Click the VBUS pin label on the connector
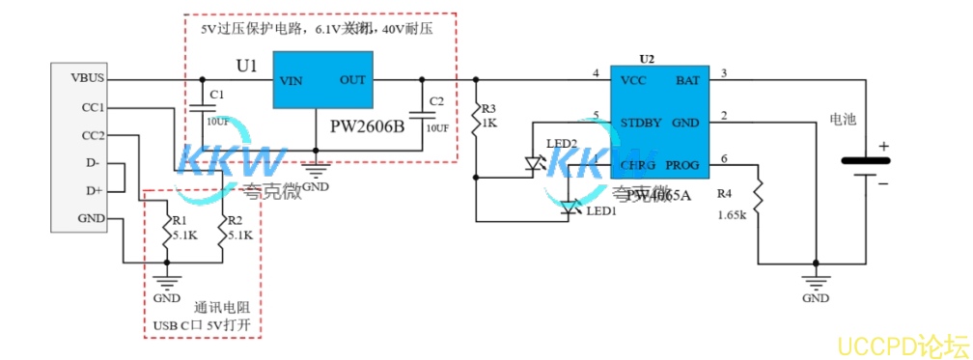click(x=88, y=77)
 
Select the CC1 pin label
click(x=93, y=107)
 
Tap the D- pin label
click(x=93, y=163)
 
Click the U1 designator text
click(x=247, y=67)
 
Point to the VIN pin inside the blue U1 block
click(x=292, y=81)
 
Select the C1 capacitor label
click(x=216, y=94)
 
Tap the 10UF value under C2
click(x=437, y=128)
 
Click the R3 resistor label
click(x=488, y=108)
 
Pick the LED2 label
click(x=562, y=144)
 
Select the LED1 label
click(x=600, y=210)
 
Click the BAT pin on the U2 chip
click(x=687, y=80)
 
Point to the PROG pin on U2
click(x=682, y=165)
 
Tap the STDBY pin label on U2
click(x=641, y=123)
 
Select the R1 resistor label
click(x=180, y=220)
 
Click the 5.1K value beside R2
click(x=238, y=235)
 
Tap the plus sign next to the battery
click(x=881, y=147)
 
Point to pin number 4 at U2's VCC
click(x=597, y=73)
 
